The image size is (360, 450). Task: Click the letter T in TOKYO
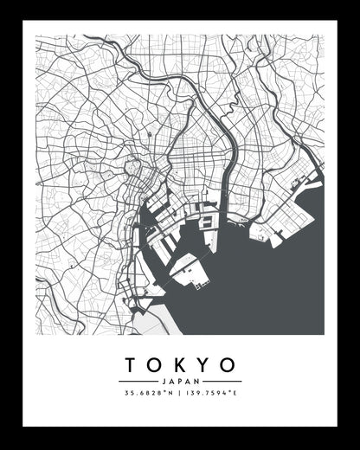[130, 363]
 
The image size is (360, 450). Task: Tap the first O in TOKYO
[154, 363]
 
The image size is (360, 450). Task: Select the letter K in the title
[179, 363]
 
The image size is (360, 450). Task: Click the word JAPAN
[180, 382]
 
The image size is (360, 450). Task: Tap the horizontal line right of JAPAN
[223, 382]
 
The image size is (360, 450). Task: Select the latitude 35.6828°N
[149, 395]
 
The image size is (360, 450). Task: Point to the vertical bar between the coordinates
[180, 395]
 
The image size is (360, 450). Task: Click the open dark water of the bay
[268, 286]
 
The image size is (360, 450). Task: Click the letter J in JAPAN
[163, 382]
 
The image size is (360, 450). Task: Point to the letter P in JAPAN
[180, 382]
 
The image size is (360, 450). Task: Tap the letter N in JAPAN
[197, 382]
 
